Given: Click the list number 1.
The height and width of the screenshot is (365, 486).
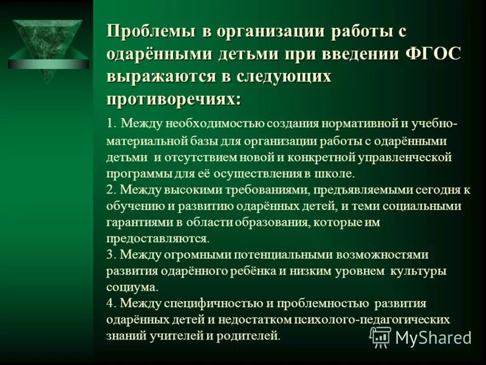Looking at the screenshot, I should (109, 124).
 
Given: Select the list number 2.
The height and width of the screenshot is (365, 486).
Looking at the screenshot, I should (110, 189).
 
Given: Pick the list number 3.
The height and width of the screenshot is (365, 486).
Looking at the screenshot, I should (110, 254).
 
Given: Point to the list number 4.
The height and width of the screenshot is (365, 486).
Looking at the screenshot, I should (110, 303).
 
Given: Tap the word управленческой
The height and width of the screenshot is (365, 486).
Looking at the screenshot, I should (401, 157).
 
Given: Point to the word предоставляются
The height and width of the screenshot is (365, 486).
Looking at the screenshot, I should (157, 238).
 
